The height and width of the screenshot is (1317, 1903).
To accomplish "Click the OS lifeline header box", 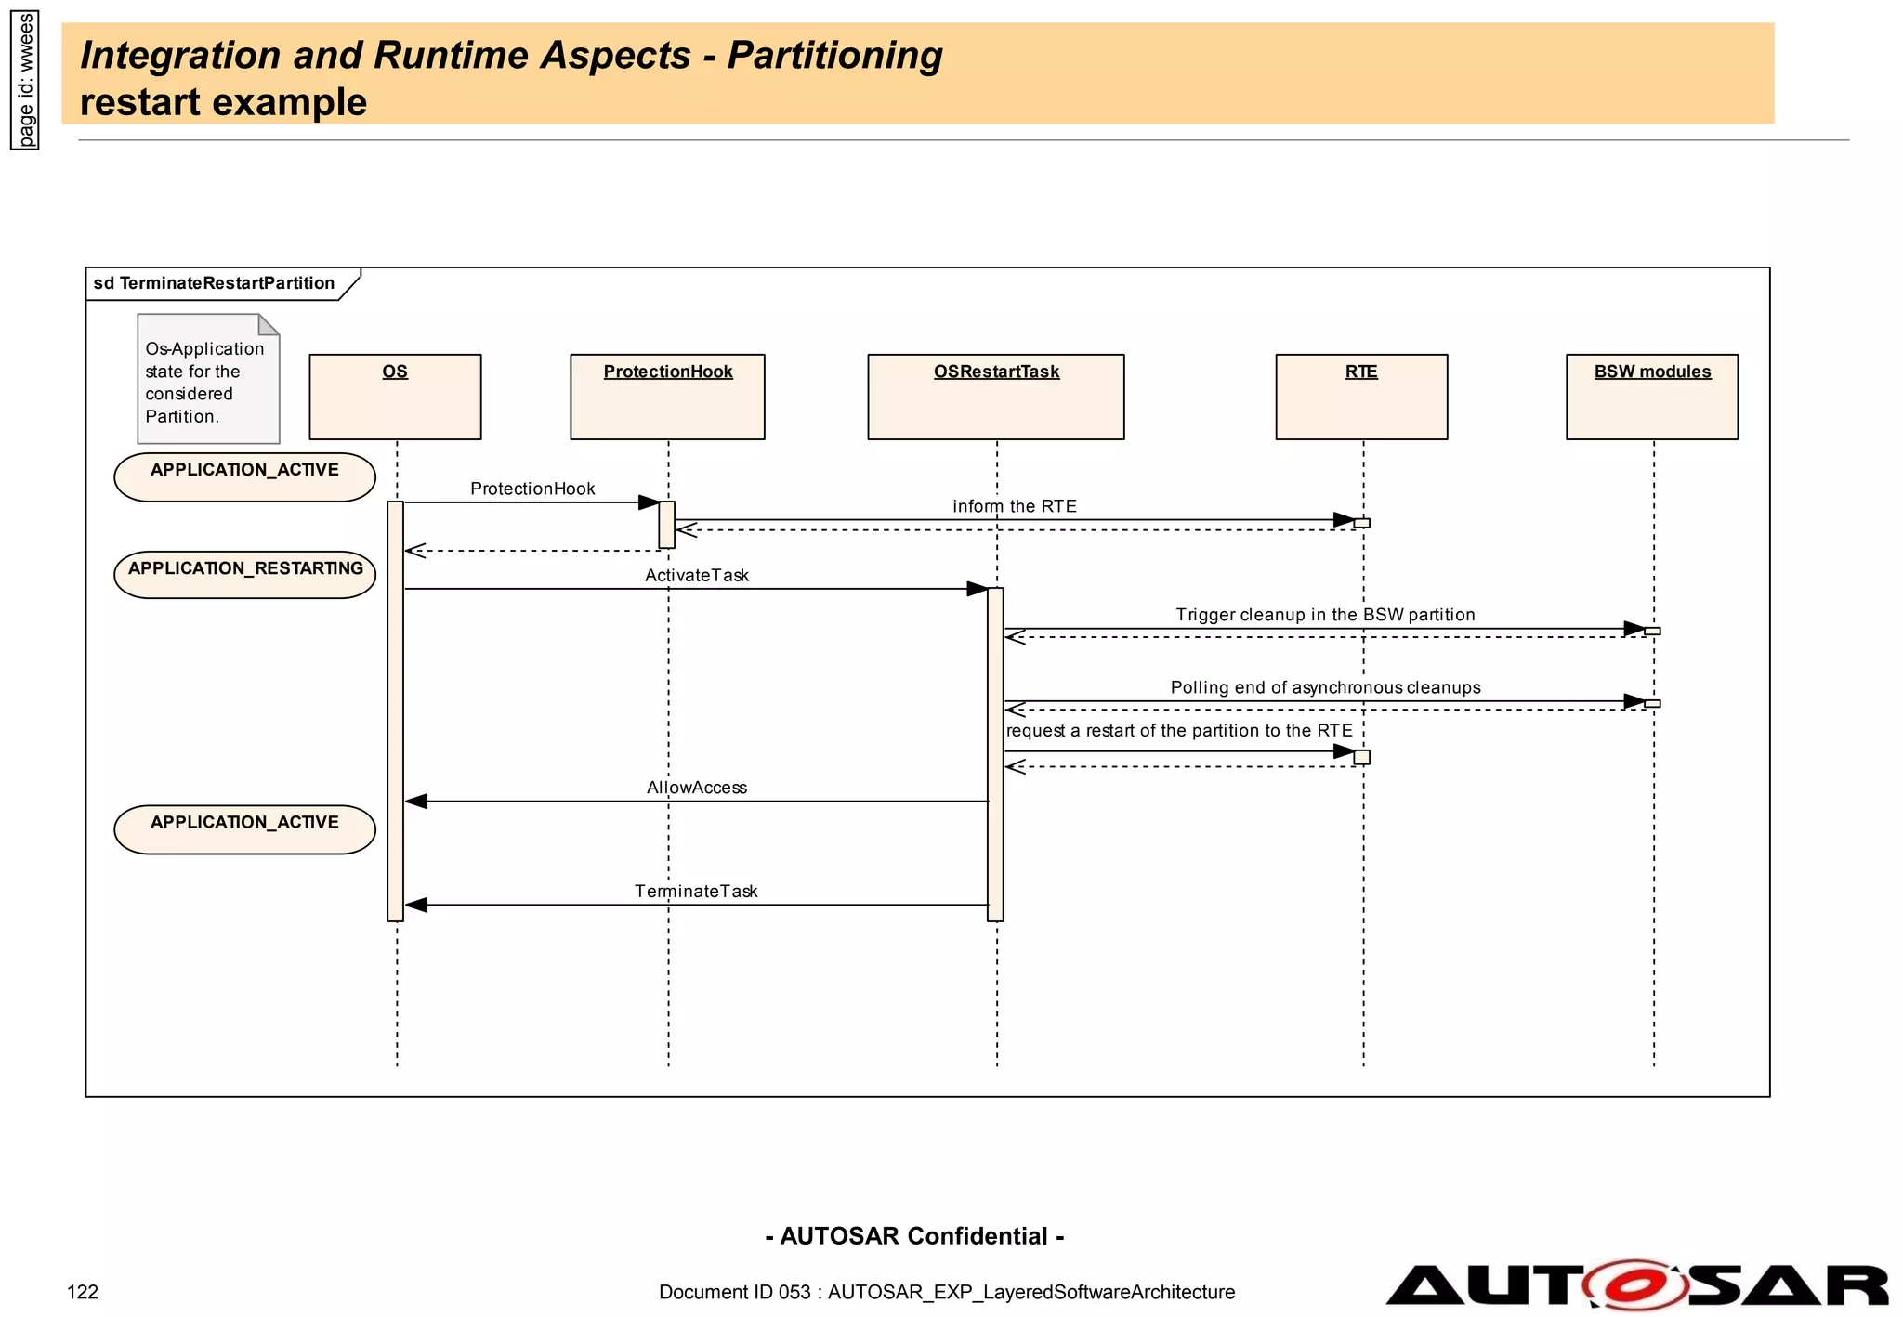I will coord(395,397).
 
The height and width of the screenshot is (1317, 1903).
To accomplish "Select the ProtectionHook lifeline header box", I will coord(667,397).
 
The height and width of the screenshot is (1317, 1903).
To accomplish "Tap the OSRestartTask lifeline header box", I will coord(995,397).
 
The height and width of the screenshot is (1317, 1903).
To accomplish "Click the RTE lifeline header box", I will coord(1361,397).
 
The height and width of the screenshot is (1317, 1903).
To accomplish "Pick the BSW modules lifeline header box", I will coord(1651,397).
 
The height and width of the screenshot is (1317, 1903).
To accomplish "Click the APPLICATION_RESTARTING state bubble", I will coord(245,573).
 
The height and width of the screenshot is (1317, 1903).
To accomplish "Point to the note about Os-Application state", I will coord(207,380).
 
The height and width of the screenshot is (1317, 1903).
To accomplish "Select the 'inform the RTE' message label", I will coord(1014,506).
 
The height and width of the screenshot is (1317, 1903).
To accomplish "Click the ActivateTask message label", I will coord(696,575).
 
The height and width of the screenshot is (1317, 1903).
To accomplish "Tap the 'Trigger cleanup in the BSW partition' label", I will coord(1324,615).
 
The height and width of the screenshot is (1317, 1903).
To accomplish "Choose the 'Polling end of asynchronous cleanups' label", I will coord(1325,687).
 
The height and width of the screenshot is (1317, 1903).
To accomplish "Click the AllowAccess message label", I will coord(696,788).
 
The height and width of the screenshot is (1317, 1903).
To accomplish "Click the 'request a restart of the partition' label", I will coord(1178,731).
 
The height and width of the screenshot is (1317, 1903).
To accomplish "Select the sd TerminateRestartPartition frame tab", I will coord(215,283).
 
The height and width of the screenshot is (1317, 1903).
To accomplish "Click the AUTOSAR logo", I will coord(1635,1284).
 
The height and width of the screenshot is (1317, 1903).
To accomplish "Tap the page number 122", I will coord(83,1292).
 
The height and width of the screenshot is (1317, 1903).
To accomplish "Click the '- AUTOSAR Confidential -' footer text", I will coord(914,1236).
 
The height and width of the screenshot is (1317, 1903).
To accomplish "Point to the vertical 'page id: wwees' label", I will coord(25,80).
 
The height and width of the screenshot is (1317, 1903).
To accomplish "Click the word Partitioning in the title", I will coord(834,55).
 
